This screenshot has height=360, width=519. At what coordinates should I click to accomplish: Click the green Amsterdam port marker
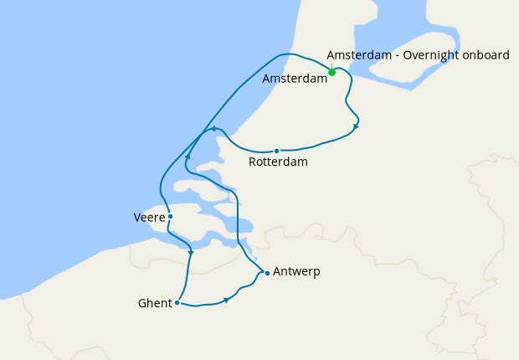pos(332,72)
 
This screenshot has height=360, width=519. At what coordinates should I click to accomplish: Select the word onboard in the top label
pos(482,55)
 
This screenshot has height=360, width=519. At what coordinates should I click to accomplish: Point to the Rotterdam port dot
pos(276,152)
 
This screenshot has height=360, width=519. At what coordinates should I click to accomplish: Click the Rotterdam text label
pos(278,162)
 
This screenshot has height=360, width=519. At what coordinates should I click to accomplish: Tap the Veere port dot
pos(170,216)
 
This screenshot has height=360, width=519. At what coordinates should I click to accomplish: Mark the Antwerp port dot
pos(266,273)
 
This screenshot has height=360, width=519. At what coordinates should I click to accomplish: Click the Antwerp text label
pos(296,272)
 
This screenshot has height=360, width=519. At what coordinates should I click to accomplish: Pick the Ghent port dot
pos(177,303)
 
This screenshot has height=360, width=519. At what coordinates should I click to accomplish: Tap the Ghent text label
pos(155,303)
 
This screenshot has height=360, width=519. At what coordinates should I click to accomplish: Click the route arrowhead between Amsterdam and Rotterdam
pos(357,126)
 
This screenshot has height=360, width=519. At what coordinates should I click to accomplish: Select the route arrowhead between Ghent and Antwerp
pos(226,300)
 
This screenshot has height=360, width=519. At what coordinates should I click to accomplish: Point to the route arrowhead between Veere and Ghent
pos(192,252)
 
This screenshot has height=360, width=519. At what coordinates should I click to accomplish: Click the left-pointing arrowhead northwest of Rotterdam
pos(214,129)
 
